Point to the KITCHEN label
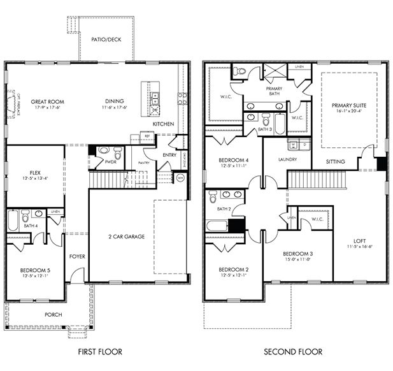coord(163,124)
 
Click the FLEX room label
coord(36,173)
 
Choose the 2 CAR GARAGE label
coord(127,236)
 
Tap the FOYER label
coord(77,256)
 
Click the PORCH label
coord(53,315)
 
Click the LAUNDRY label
coord(287,159)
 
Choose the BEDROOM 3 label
coord(299,254)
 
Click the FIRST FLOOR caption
coord(100,351)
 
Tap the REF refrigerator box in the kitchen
coord(147,136)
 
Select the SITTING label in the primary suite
coord(335,162)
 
